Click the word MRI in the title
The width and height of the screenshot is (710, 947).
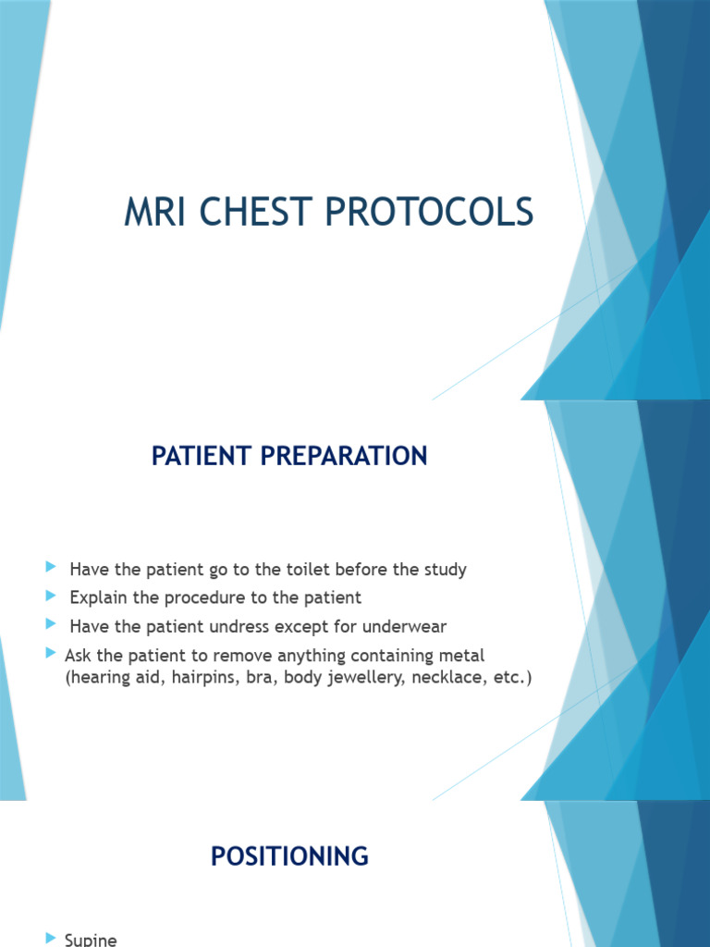tap(153, 213)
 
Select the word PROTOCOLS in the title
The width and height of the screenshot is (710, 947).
tap(429, 213)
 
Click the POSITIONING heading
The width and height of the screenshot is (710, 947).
tap(289, 856)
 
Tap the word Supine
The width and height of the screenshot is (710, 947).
tap(91, 940)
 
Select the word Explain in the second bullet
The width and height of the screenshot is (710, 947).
tap(99, 597)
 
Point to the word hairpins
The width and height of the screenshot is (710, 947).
tap(196, 678)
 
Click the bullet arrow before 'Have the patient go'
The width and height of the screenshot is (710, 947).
tap(50, 568)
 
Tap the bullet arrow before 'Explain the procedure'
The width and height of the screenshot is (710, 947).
tap(50, 596)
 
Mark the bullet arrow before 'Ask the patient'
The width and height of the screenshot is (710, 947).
tap(50, 654)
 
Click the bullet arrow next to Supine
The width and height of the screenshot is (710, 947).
tap(50, 939)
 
